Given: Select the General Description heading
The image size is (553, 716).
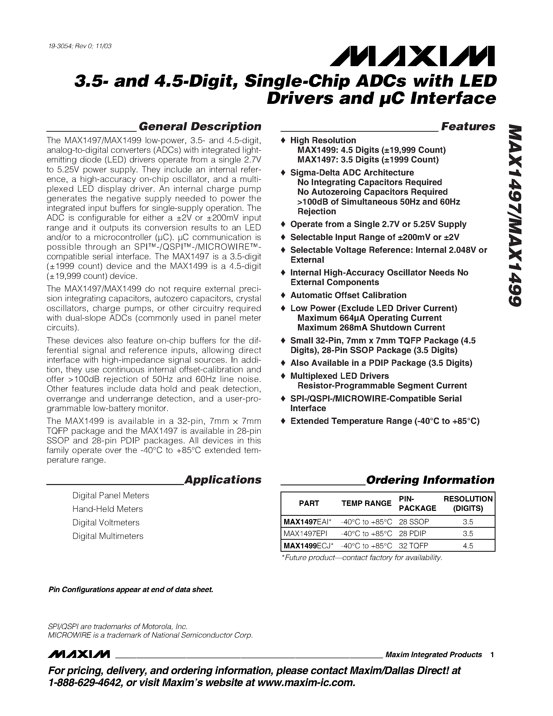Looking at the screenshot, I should pos(200,127).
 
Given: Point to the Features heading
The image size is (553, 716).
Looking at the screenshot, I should pos(468,127).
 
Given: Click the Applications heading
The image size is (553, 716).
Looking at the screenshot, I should pos(223,480).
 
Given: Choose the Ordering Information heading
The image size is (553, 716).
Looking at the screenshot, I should pos(430,480).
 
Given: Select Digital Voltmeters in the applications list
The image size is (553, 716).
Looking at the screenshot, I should pos(106,523).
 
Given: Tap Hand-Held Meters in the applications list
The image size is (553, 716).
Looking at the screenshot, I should pos(107,509).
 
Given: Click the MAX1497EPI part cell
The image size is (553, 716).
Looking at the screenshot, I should pos(305,534).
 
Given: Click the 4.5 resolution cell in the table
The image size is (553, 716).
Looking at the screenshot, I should pos(468,546).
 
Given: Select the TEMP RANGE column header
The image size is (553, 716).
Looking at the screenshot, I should pos(366,503).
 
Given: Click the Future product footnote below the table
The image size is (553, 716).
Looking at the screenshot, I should pos(362,558).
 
